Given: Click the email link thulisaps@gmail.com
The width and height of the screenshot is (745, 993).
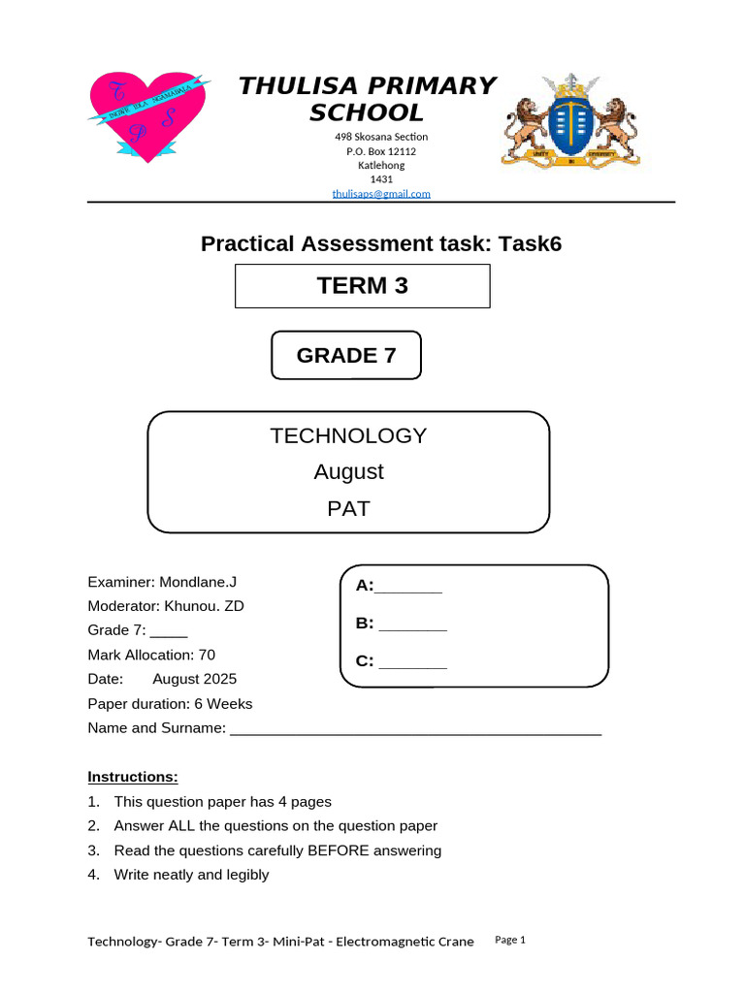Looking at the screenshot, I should (x=381, y=194).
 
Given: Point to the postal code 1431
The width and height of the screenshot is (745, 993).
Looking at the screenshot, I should (x=381, y=179).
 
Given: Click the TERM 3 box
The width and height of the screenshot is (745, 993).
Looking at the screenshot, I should (x=362, y=286).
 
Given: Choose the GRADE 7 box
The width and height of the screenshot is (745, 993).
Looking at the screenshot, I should (x=346, y=355).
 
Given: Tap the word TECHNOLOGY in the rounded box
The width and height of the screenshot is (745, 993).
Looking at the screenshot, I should (x=348, y=435).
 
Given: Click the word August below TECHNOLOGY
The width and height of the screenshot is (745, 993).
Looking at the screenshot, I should (x=348, y=471).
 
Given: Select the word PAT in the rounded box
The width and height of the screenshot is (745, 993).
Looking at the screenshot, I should (x=348, y=507).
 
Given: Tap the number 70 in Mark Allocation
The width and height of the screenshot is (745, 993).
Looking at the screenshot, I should (x=207, y=655).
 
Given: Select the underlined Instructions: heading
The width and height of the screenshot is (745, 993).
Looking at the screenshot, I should (x=133, y=777).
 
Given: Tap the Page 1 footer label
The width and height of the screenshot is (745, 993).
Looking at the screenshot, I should (x=509, y=940).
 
